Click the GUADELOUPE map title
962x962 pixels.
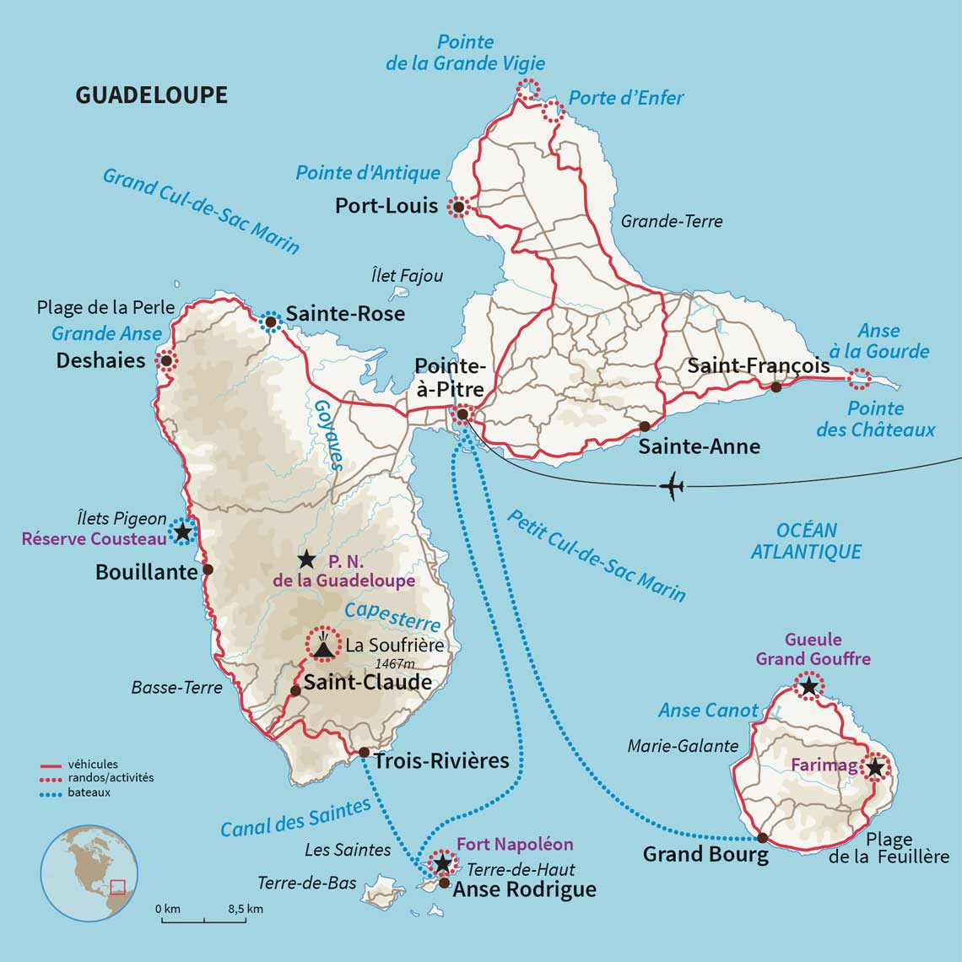pyautogui.click(x=152, y=95)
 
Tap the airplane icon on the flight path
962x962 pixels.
pyautogui.click(x=672, y=487)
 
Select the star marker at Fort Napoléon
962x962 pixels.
pyautogui.click(x=441, y=863)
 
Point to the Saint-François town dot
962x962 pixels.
pyautogui.click(x=776, y=387)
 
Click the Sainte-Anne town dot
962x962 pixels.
pyautogui.click(x=645, y=426)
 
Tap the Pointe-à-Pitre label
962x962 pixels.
pyautogui.click(x=450, y=377)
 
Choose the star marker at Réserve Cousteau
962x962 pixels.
pyautogui.click(x=181, y=531)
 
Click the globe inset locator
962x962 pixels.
pyautogui.click(x=89, y=873)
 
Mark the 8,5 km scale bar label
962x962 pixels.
pyautogui.click(x=245, y=909)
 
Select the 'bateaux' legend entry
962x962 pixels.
pyautogui.click(x=89, y=792)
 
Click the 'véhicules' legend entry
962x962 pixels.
pyautogui.click(x=93, y=765)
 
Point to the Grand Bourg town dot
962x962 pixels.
pyautogui.click(x=762, y=838)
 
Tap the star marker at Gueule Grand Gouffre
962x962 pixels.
pyautogui.click(x=809, y=686)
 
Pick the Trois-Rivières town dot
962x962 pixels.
pyautogui.click(x=363, y=752)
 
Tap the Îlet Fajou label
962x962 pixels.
pyautogui.click(x=407, y=276)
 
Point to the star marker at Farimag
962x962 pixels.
pyautogui.click(x=876, y=767)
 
